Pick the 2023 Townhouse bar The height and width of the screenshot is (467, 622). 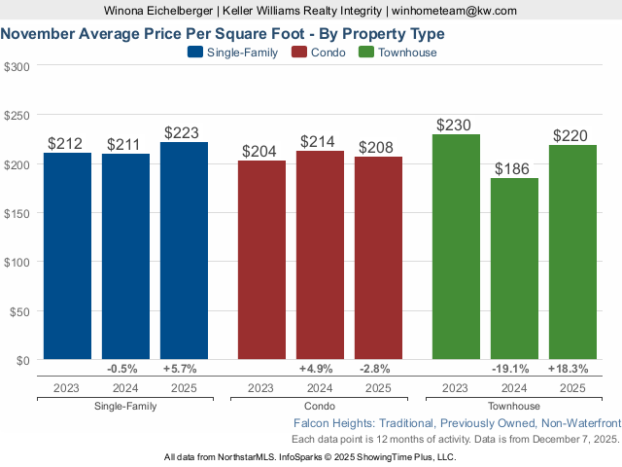click(456, 247)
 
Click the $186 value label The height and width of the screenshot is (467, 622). click(514, 168)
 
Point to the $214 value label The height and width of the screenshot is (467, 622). click(320, 141)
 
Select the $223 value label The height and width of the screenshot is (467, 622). click(184, 132)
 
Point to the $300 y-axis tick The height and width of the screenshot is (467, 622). click(17, 66)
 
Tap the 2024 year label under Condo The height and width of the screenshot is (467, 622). click(320, 388)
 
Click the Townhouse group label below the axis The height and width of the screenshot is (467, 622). click(514, 407)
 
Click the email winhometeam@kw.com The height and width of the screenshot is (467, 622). click(455, 11)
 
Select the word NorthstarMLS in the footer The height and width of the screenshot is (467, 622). click(251, 456)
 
